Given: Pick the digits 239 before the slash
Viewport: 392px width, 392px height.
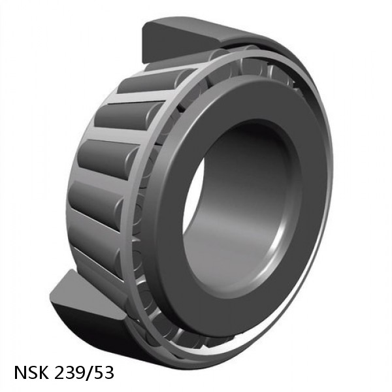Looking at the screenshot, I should (x=71, y=373).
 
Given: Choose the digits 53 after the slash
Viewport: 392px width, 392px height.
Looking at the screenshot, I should (x=103, y=373).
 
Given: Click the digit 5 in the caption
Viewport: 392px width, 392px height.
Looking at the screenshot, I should (x=99, y=373).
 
